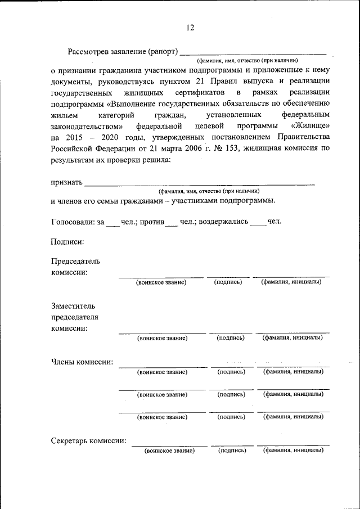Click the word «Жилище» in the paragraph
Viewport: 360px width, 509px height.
[310, 125]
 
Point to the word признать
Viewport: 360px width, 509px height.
[66, 182]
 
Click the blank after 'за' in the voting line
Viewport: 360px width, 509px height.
[112, 223]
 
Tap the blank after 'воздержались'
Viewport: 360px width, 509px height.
[258, 223]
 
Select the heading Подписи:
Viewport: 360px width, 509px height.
[67, 242]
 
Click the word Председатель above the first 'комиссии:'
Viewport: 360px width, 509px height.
[75, 262]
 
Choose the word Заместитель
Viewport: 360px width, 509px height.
[73, 307]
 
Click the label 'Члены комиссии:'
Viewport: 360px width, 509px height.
[82, 362]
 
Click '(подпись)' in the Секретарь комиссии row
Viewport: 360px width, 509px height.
[232, 451]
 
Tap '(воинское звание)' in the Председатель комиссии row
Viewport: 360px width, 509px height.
[161, 282]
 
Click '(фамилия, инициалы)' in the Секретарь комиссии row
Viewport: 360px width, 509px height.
[293, 451]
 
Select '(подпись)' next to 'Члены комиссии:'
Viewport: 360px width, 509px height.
[231, 372]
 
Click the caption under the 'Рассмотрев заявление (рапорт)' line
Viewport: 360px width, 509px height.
[247, 60]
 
